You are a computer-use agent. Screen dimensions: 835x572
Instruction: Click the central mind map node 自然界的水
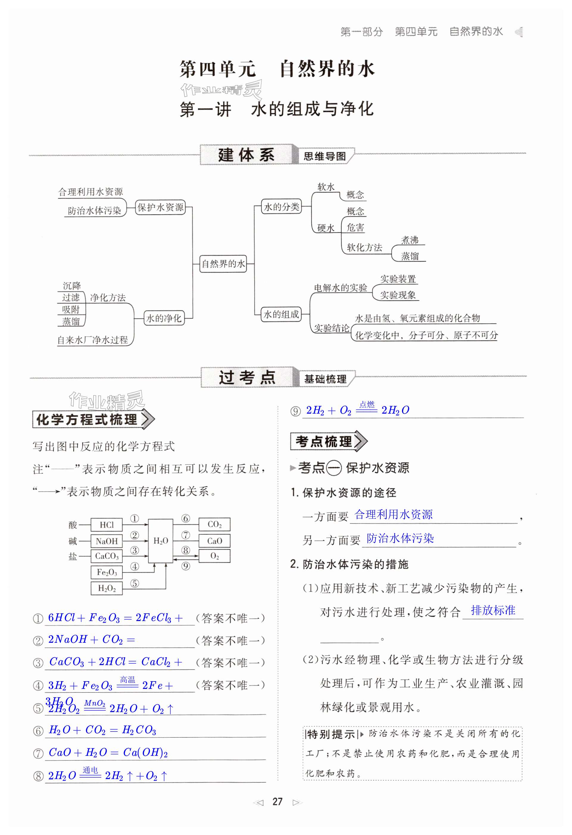(x=223, y=264)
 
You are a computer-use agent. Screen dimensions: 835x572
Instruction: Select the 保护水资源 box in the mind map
(x=160, y=207)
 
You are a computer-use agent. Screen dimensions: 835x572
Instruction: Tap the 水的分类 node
(x=281, y=207)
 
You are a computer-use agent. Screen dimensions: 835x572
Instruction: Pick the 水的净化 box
(x=164, y=318)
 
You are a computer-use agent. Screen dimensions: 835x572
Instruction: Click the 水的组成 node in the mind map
(x=281, y=314)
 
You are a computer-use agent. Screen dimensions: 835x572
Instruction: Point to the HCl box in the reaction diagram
(x=107, y=525)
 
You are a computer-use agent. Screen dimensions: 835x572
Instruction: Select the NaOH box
(x=107, y=541)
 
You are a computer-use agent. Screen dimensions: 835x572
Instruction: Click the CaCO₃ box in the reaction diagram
(x=107, y=556)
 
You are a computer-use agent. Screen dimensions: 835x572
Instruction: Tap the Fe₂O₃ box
(x=107, y=572)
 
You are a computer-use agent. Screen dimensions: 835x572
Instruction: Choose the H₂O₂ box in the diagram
(x=107, y=588)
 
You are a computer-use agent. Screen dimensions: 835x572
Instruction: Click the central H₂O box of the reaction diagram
(x=161, y=541)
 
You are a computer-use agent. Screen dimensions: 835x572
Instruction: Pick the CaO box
(x=215, y=541)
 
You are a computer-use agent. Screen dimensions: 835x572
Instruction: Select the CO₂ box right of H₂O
(x=215, y=525)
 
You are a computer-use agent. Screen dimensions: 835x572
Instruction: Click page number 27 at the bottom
(x=277, y=802)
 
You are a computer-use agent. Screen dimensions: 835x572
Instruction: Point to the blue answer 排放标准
(x=493, y=610)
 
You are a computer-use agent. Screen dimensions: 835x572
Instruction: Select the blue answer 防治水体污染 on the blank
(x=400, y=538)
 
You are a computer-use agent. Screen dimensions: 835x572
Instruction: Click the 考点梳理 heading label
(x=324, y=442)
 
